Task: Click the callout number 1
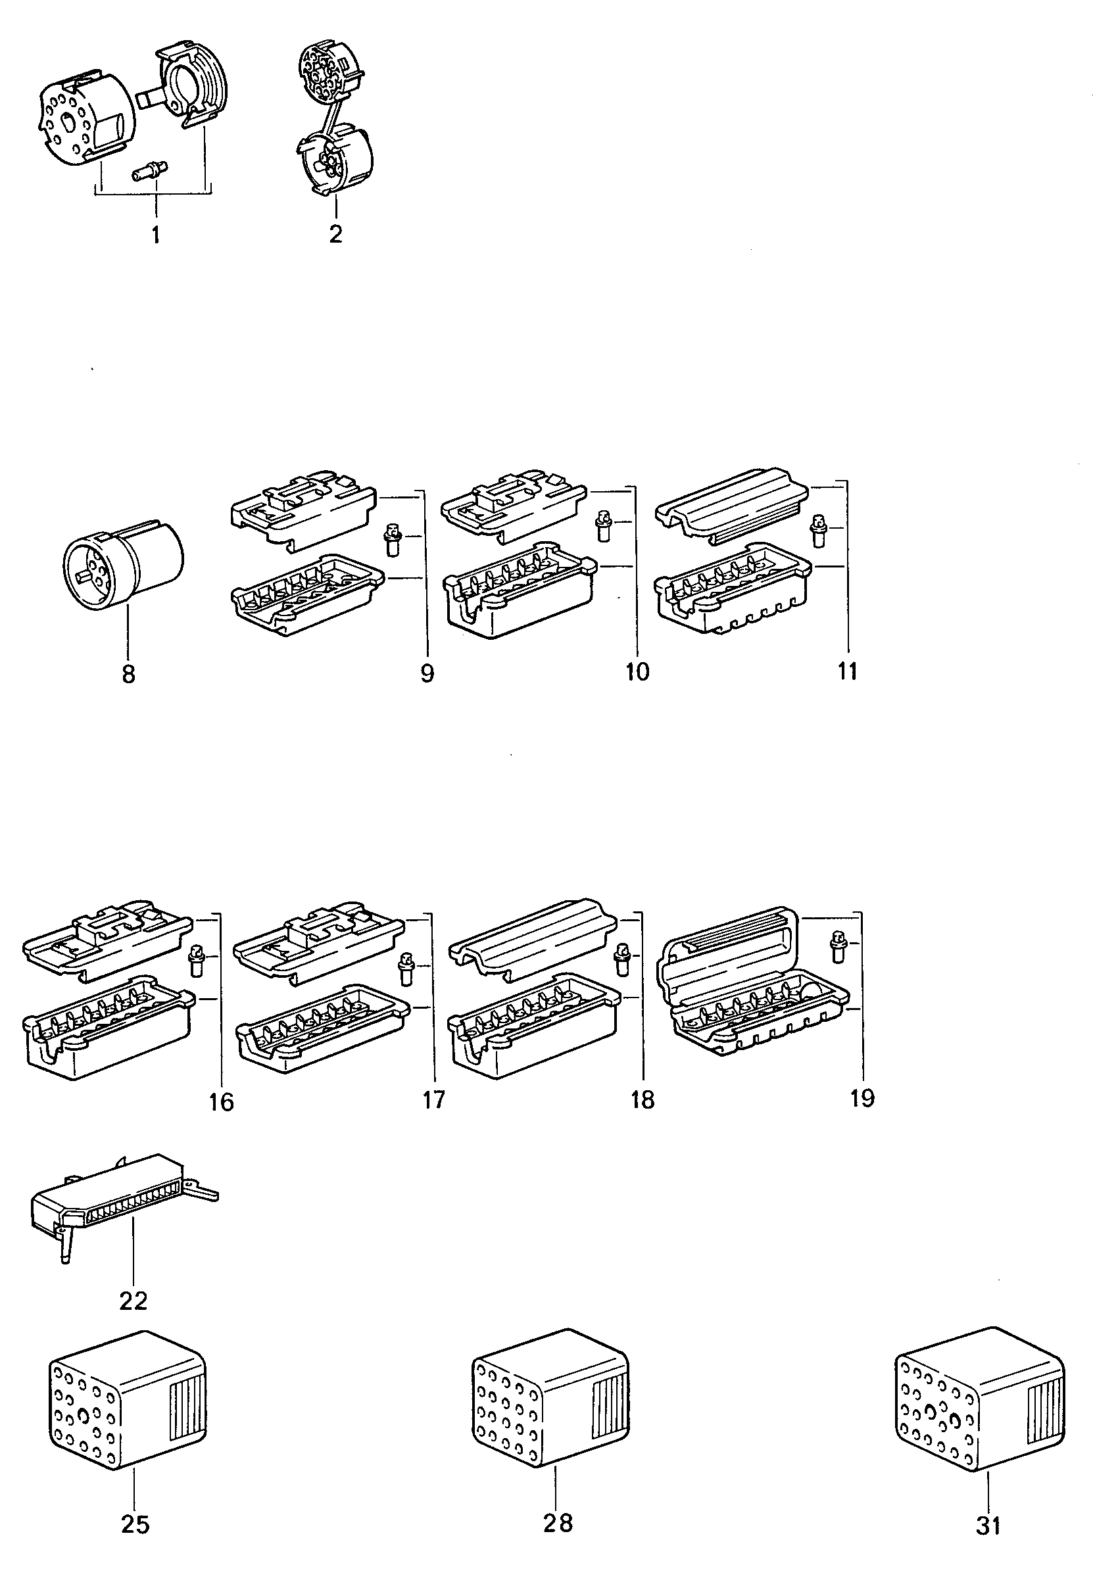click(155, 235)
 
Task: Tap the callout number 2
click(335, 233)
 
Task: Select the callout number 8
click(128, 674)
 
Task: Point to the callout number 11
click(847, 671)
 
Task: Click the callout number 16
click(222, 1102)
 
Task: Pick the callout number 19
click(862, 1098)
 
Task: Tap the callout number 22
click(134, 1301)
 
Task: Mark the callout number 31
click(988, 1526)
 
